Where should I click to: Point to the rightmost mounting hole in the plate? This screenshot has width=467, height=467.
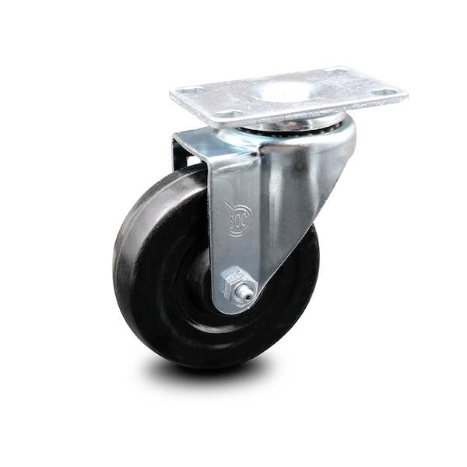point(387,93)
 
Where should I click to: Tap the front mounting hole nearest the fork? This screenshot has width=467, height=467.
point(227,114)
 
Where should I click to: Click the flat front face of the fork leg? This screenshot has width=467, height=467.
point(233,195)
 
